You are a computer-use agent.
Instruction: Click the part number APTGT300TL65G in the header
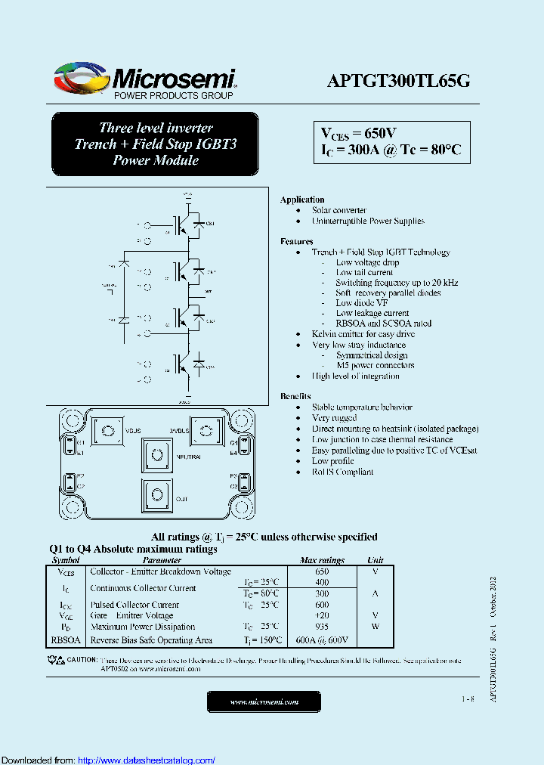398,82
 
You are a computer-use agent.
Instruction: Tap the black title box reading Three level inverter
156,144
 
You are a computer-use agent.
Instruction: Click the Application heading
301,200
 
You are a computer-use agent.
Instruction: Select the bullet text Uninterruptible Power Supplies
368,221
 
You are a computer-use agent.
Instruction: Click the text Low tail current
364,272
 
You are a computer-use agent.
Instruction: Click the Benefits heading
295,396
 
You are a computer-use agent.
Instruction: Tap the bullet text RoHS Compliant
342,472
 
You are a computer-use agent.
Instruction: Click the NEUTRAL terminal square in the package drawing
157,455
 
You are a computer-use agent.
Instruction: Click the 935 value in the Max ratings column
322,627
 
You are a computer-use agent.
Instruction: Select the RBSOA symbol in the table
66,640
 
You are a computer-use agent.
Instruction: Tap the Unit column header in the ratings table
375,560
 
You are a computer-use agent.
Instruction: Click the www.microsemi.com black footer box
264,702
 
